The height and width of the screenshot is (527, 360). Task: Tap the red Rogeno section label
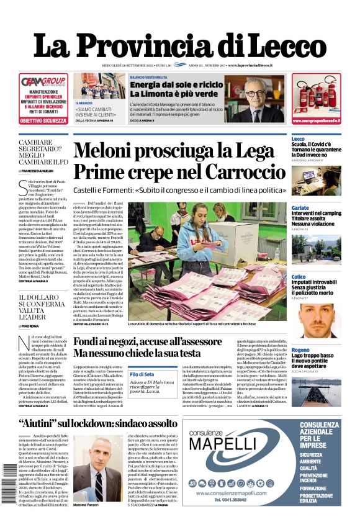[300, 333]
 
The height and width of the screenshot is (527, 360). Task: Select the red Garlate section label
[300, 207]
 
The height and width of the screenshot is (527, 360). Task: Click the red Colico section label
[299, 276]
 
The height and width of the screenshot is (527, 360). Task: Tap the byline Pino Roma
[31, 325]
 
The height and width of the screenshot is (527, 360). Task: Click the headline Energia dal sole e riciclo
[176, 84]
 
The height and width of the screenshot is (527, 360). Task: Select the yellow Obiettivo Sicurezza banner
[43, 121]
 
